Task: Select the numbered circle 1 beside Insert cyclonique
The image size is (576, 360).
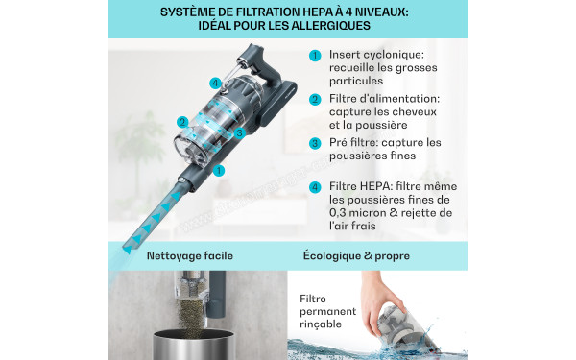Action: coord(315,56)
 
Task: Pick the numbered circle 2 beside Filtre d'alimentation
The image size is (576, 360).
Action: coord(315,100)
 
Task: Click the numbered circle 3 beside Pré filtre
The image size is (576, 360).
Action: coord(315,143)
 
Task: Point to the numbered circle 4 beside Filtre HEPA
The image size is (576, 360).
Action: coord(315,186)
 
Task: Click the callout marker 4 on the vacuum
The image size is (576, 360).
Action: coord(215,84)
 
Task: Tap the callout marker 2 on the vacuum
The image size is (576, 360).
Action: coord(181,122)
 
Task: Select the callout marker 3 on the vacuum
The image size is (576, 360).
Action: coord(239,133)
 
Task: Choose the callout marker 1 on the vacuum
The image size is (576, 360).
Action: coord(219,170)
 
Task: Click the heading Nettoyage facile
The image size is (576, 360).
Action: coord(189,256)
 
